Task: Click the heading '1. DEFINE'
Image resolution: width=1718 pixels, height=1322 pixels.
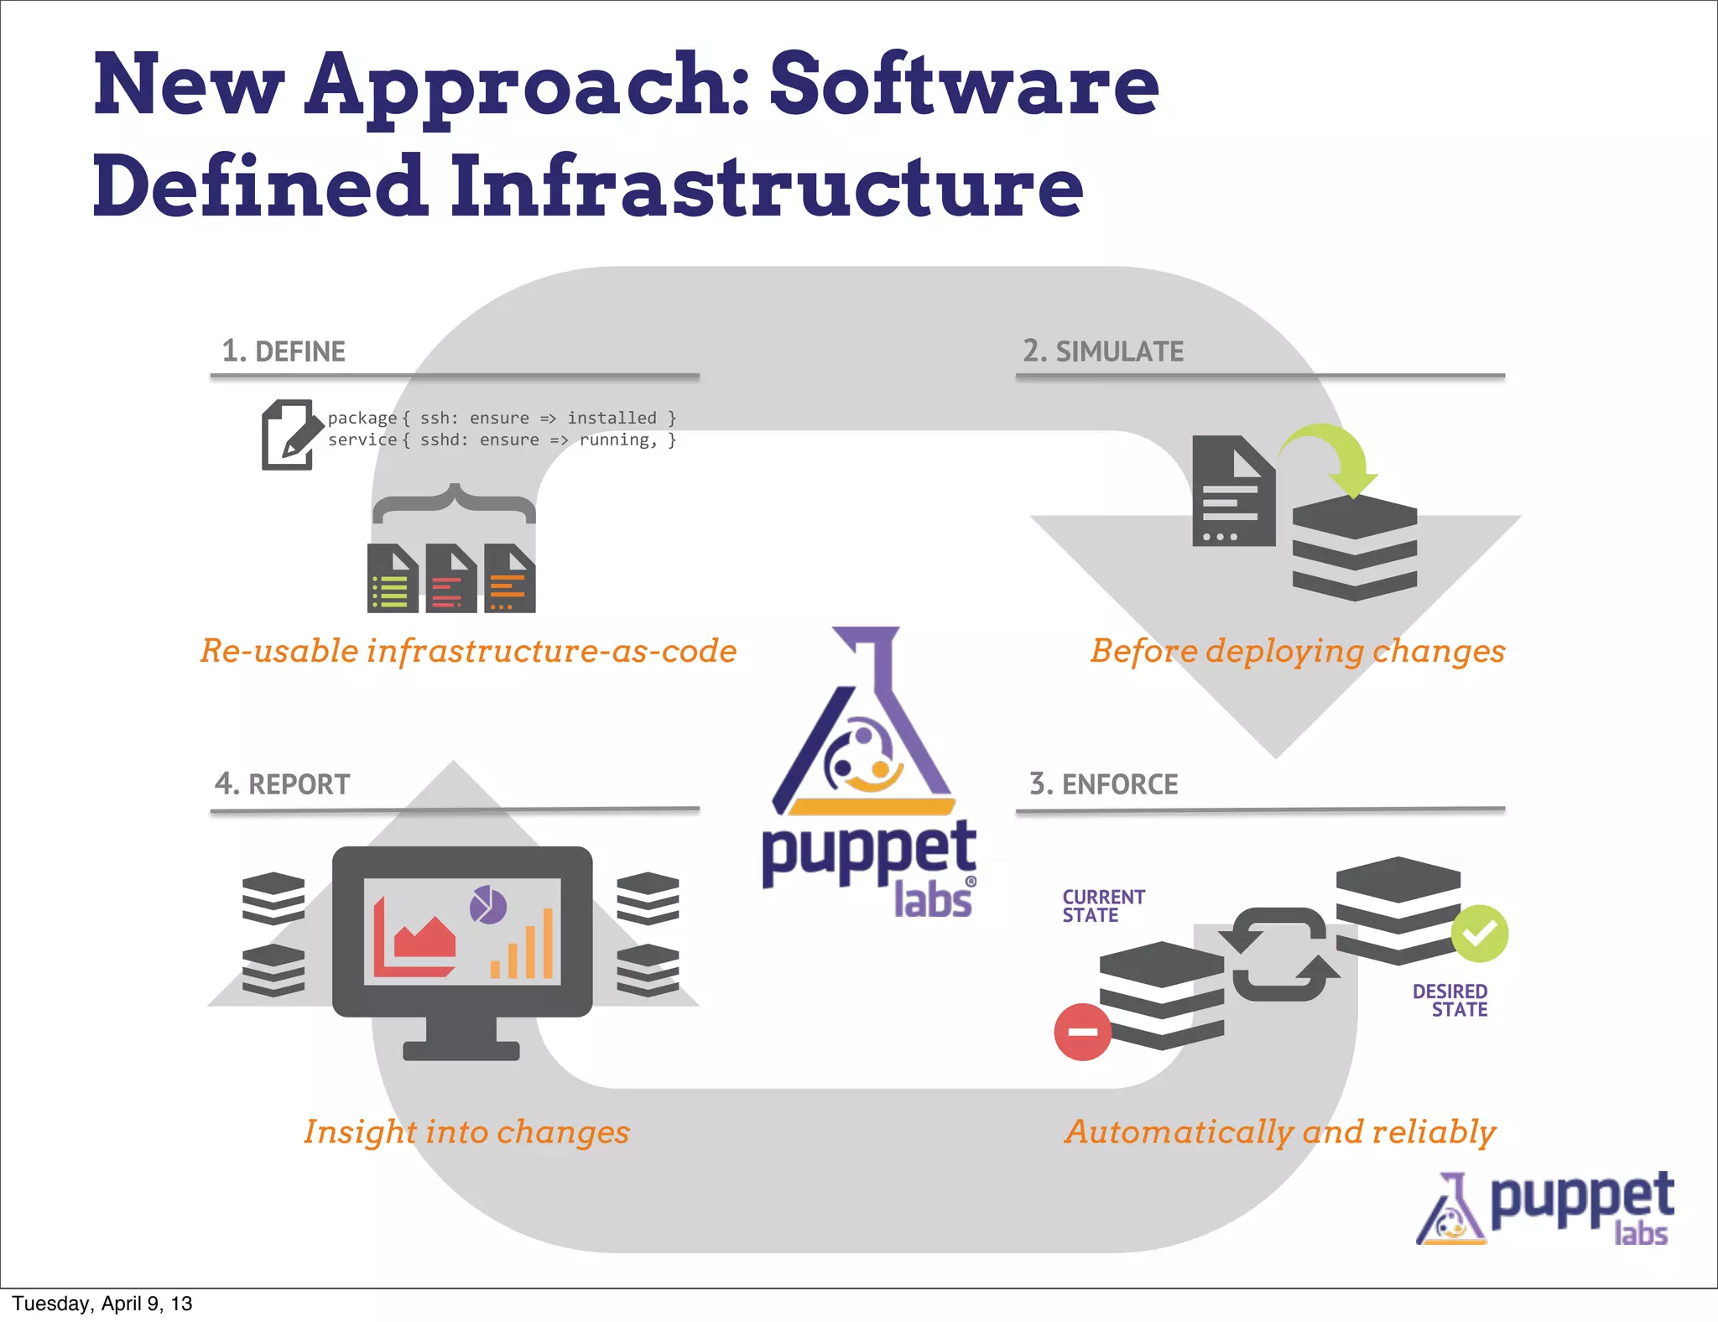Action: pyautogui.click(x=284, y=351)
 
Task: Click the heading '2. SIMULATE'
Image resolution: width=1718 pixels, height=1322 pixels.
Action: pyautogui.click(x=1102, y=351)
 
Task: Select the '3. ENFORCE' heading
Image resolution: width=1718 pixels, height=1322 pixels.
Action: pyautogui.click(x=1103, y=784)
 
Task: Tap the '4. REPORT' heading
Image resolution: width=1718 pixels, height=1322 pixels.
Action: pyautogui.click(x=282, y=784)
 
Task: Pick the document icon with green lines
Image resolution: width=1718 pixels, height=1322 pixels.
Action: pyautogui.click(x=393, y=579)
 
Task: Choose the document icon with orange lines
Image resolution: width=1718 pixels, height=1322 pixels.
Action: pyautogui.click(x=509, y=579)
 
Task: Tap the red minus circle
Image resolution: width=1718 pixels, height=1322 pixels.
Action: pyautogui.click(x=1082, y=1032)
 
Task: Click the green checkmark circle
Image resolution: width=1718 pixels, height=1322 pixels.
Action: pyautogui.click(x=1480, y=934)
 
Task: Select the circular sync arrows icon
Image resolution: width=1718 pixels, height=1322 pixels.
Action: pyautogui.click(x=1279, y=955)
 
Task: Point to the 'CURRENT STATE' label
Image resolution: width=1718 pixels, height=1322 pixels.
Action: pyautogui.click(x=1102, y=907)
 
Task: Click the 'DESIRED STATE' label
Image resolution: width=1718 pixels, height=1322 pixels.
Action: pyautogui.click(x=1450, y=1001)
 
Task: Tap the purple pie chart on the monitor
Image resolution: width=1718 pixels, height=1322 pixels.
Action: pyautogui.click(x=487, y=905)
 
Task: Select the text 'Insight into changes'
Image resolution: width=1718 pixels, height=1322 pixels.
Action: pyautogui.click(x=466, y=1132)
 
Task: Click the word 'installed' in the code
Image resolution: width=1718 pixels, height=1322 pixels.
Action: pyautogui.click(x=612, y=418)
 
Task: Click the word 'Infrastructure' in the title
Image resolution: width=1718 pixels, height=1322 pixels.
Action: pyautogui.click(x=767, y=186)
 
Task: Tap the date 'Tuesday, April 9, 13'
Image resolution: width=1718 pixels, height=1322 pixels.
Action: pyautogui.click(x=102, y=1304)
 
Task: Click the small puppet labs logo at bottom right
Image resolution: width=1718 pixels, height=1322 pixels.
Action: pyautogui.click(x=1545, y=1208)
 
